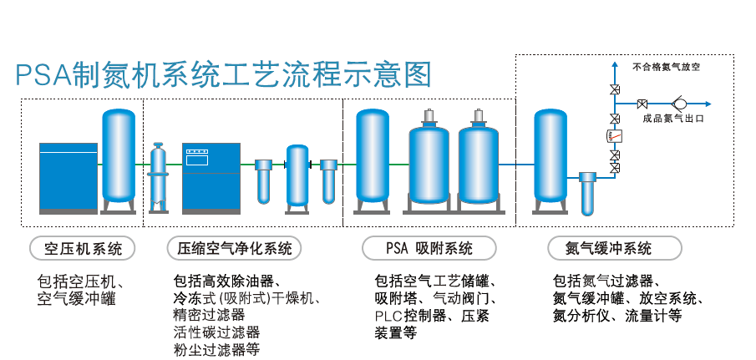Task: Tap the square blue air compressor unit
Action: click(68, 176)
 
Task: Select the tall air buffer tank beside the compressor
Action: click(119, 159)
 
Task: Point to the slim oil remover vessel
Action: click(158, 175)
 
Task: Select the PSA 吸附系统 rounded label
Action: click(429, 248)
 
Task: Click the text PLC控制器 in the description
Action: click(408, 316)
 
